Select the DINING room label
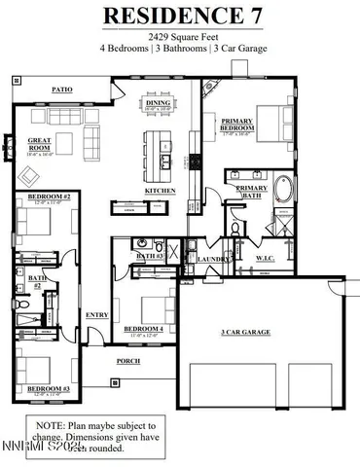158,102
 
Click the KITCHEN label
160,191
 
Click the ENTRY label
97,314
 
